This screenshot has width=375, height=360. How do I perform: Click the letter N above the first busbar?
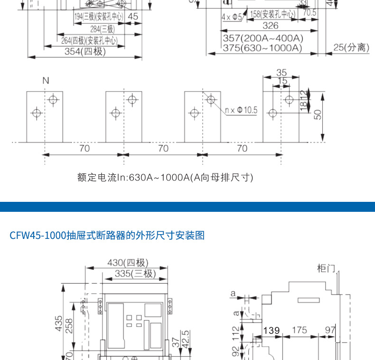pyautogui.click(x=46, y=81)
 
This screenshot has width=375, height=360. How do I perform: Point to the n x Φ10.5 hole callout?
pyautogui.click(x=241, y=110)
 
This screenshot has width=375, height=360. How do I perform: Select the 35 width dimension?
pyautogui.click(x=281, y=73)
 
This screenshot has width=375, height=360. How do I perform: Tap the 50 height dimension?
pyautogui.click(x=318, y=114)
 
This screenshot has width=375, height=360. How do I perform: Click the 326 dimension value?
pyautogui.click(x=271, y=26)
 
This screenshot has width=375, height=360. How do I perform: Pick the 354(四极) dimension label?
pyautogui.click(x=85, y=51)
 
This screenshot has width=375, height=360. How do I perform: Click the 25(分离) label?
pyautogui.click(x=351, y=47)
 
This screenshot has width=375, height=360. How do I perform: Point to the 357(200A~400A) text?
pyautogui.click(x=263, y=38)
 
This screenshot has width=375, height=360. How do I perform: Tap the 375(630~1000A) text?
pyautogui.click(x=262, y=48)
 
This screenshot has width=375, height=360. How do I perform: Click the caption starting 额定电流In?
pyautogui.click(x=165, y=178)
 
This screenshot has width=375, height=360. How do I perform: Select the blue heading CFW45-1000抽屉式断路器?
pyautogui.click(x=107, y=235)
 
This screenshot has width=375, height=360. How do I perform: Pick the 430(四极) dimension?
pyautogui.click(x=128, y=263)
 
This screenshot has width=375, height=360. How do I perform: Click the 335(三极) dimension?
pyautogui.click(x=135, y=274)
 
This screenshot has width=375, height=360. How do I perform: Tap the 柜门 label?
pyautogui.click(x=326, y=269)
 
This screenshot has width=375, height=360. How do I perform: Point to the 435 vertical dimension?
pyautogui.click(x=58, y=324)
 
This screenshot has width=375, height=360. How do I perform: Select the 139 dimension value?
pyautogui.click(x=271, y=330)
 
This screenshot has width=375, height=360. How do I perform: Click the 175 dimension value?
pyautogui.click(x=299, y=330)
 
